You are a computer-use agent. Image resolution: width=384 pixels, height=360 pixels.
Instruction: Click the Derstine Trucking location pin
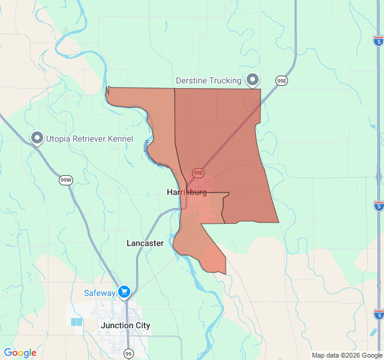click(253, 79)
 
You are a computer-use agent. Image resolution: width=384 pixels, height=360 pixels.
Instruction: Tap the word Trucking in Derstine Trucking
click(221, 80)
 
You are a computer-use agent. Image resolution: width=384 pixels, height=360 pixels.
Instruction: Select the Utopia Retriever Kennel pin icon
click(37, 139)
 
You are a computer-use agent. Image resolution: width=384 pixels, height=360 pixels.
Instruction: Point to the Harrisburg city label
click(187, 193)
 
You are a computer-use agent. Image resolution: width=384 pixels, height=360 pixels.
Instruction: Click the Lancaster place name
click(145, 243)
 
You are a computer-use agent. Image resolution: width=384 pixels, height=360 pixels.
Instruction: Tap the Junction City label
click(125, 325)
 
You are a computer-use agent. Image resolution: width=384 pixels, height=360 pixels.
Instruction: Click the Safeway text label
click(100, 293)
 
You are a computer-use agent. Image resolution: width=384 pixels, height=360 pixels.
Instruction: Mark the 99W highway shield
click(66, 180)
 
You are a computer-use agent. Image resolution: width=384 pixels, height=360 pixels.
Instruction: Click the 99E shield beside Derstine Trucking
click(282, 80)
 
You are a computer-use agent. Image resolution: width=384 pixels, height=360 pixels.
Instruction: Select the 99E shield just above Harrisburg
click(198, 173)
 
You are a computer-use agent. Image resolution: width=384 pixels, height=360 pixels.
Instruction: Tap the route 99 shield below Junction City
click(128, 354)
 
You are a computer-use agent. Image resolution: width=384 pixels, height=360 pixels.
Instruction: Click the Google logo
click(20, 353)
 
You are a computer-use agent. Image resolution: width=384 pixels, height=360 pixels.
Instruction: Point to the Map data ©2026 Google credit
click(347, 355)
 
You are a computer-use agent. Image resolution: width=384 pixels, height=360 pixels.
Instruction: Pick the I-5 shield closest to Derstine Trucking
click(378, 41)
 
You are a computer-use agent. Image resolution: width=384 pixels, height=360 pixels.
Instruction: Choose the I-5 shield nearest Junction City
click(378, 314)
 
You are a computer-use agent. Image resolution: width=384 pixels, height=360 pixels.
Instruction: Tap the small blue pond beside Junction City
click(77, 322)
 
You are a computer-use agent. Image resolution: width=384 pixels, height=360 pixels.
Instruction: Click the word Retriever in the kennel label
click(84, 139)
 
